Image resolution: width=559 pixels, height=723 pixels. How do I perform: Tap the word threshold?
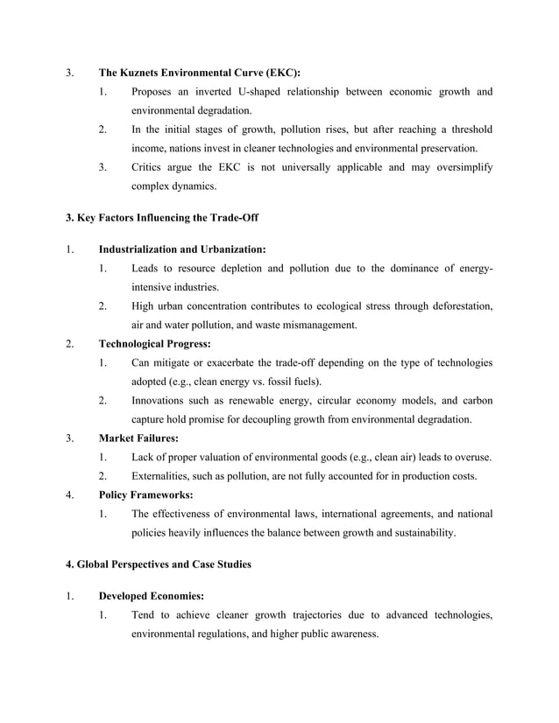pyautogui.click(x=465, y=130)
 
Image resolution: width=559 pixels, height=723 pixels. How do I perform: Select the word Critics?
pyautogui.click(x=148, y=167)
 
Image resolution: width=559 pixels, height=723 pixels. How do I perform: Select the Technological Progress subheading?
pyautogui.click(x=154, y=343)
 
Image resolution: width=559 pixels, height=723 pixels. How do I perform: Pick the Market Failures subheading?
pyautogui.click(x=138, y=438)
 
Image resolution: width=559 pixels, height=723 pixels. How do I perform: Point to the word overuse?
pyautogui.click(x=471, y=457)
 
